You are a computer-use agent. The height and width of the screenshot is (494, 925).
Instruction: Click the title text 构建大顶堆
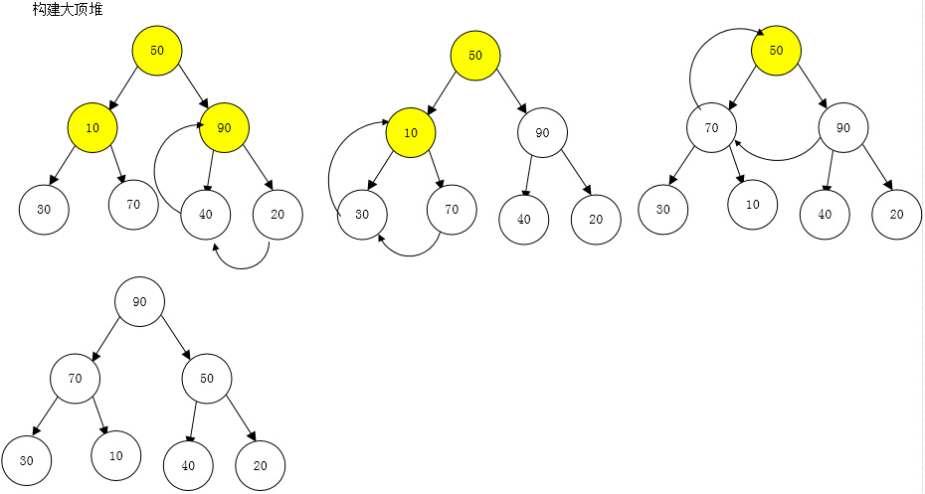(x=68, y=9)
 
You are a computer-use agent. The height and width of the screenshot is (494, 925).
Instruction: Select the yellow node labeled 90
(x=224, y=127)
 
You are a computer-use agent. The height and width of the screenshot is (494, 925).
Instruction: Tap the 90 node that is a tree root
(x=140, y=302)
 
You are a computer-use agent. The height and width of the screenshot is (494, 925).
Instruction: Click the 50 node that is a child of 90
(x=207, y=379)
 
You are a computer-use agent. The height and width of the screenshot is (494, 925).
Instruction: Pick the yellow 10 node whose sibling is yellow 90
(x=92, y=127)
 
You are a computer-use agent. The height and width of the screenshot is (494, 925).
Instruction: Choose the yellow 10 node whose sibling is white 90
(x=411, y=132)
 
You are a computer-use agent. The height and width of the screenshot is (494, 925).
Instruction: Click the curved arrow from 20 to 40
(x=243, y=267)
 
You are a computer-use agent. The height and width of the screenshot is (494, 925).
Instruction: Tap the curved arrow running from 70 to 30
(x=410, y=255)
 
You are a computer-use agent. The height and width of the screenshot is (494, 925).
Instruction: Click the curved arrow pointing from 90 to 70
(x=778, y=159)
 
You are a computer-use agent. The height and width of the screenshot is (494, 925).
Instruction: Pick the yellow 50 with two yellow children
(x=157, y=50)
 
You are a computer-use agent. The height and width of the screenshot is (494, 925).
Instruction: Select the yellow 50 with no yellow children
(x=777, y=50)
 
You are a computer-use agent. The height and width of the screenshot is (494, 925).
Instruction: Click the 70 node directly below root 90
(x=75, y=379)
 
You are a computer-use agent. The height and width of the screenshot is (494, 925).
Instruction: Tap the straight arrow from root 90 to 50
(x=176, y=338)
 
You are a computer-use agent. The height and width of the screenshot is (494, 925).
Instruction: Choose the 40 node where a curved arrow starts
(x=205, y=214)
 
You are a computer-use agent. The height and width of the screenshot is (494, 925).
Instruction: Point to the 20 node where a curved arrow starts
(x=277, y=215)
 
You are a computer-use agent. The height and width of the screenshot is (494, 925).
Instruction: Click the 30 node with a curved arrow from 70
(x=362, y=215)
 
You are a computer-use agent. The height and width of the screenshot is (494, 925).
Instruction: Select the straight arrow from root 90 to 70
(x=105, y=339)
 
